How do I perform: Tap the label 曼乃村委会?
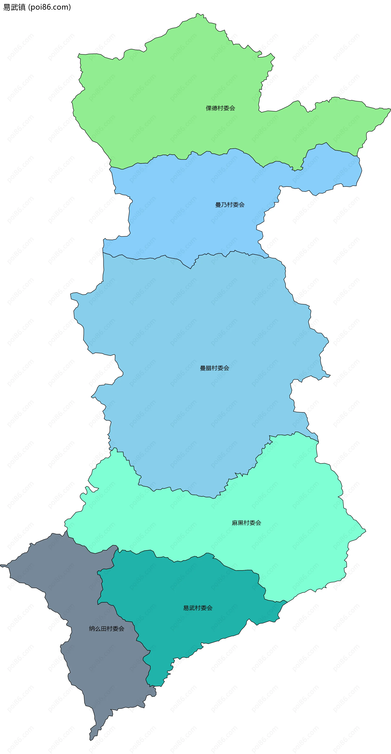[230, 205]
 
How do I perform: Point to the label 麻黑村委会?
[246, 523]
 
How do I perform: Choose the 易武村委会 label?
[198, 608]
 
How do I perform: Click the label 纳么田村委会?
[107, 628]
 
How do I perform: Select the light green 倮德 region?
[176, 97]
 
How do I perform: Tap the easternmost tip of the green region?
[390, 109]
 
